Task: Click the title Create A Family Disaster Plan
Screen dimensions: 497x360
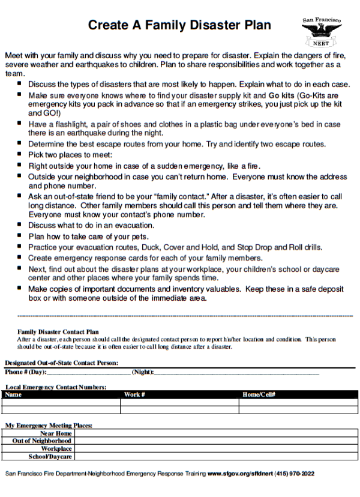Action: click(179, 25)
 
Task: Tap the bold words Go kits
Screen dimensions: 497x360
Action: click(281, 95)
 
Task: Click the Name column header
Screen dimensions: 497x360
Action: click(13, 394)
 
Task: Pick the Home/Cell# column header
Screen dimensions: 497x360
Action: click(259, 394)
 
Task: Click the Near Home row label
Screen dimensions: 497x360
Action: click(56, 433)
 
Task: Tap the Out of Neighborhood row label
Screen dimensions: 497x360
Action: click(42, 441)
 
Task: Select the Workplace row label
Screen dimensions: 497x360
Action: click(56, 448)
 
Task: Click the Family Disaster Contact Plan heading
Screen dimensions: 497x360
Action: click(58, 331)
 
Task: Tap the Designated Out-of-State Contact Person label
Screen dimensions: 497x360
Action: click(61, 363)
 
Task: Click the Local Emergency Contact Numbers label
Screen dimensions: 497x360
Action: click(56, 387)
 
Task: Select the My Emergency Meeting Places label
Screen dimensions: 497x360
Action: click(49, 426)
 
